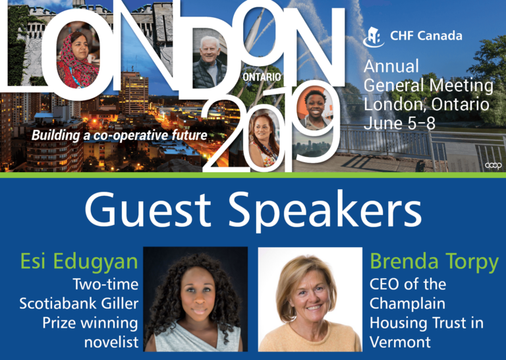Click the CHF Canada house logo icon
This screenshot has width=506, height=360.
(374, 37)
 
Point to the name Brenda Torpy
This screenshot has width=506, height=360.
(434, 262)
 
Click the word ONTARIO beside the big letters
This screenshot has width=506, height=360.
(262, 77)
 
